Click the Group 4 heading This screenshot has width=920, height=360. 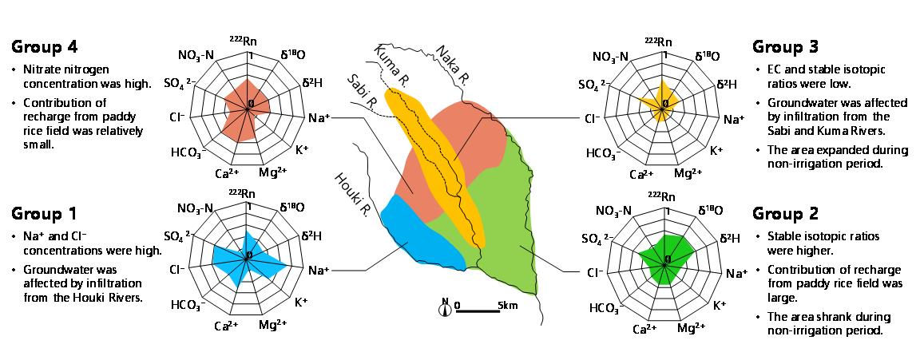[44, 46]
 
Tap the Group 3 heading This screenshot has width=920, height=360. [785, 46]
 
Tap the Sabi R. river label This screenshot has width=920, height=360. [362, 91]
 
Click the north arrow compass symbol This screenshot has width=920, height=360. [444, 307]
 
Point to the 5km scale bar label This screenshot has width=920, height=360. [507, 305]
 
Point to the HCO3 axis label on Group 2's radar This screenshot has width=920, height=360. [605, 308]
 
